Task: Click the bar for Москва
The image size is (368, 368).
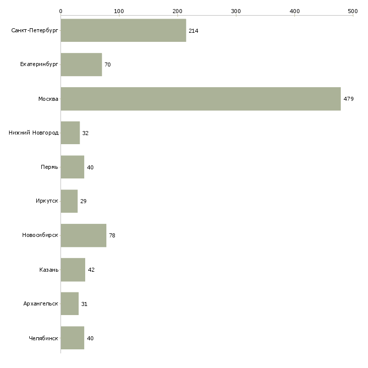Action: coord(201,99)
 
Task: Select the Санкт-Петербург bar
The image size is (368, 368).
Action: coord(124,31)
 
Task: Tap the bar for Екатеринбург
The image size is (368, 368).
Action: coord(81,65)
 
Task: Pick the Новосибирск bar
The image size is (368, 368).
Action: coord(83,235)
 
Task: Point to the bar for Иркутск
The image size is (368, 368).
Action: coord(69,201)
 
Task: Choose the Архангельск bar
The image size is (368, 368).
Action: coord(70,304)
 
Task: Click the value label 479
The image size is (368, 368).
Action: coord(348,99)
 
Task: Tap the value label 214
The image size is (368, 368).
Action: coord(194,31)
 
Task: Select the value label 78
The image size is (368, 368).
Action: coord(112,235)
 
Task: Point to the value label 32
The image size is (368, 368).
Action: coord(85,133)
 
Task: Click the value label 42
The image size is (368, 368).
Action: coord(91,270)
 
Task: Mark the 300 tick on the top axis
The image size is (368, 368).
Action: coord(236,11)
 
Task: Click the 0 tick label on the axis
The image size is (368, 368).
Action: coord(60,11)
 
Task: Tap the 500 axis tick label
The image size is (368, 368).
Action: coord(352,11)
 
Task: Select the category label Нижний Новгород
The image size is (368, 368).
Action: coord(34,133)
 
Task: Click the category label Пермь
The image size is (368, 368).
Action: coord(49,167)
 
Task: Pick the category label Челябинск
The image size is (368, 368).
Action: coord(43,338)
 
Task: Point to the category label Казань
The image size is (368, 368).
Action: coord(49,270)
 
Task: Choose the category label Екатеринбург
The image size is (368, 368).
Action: coord(39,65)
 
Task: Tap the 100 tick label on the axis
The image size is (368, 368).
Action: coord(119,11)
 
